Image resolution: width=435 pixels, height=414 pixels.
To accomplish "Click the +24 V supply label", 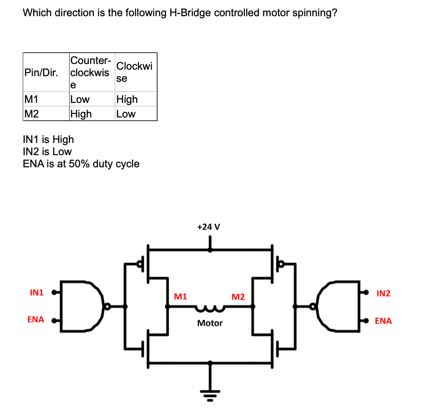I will pyautogui.click(x=208, y=227).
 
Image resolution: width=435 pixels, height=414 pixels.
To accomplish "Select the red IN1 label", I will pyautogui.click(x=37, y=292).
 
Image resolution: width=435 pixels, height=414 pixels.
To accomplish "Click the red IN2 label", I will pyautogui.click(x=383, y=293).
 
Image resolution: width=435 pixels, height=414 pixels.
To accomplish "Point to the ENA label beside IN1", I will pyautogui.click(x=36, y=320).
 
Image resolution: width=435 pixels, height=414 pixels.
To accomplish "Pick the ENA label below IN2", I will pyautogui.click(x=383, y=321).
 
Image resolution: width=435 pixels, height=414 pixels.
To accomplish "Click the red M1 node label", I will pyautogui.click(x=180, y=297).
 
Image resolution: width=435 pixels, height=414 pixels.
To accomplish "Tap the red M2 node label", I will pyautogui.click(x=238, y=297).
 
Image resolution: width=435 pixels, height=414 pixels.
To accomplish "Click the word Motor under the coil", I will pyautogui.click(x=210, y=323).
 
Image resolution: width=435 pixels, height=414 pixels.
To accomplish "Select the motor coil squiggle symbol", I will pyautogui.click(x=209, y=309).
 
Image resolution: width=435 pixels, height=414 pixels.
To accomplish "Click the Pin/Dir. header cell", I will pyautogui.click(x=41, y=73).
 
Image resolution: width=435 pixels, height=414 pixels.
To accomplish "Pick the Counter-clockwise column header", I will pyautogui.click(x=90, y=73).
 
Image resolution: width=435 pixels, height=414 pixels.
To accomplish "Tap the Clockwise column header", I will pyautogui.click(x=134, y=72).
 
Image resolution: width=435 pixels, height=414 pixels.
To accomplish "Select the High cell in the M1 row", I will pyautogui.click(x=127, y=99).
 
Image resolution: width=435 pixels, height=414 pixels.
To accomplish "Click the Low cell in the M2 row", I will pyautogui.click(x=126, y=114).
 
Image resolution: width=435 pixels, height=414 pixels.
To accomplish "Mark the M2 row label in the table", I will pyautogui.click(x=32, y=114).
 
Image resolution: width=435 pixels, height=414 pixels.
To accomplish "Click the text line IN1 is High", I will pyautogui.click(x=49, y=139).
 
